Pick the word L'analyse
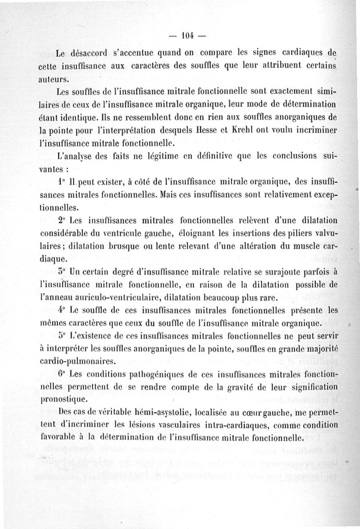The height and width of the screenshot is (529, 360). [76, 158]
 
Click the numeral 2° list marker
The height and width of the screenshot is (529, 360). [62, 221]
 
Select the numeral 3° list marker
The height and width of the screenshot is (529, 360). [62, 272]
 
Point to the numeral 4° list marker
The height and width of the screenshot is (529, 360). [62, 310]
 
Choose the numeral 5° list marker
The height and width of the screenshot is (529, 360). [62, 335]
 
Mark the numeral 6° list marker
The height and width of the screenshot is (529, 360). [62, 374]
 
